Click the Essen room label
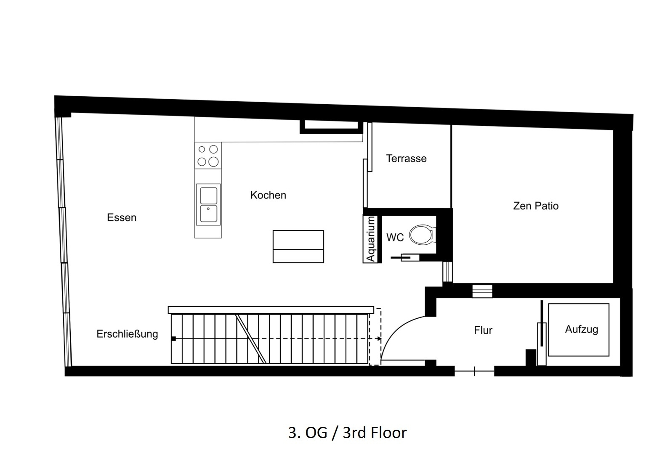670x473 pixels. point(122,217)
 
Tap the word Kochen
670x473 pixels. point(269,195)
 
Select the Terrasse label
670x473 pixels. point(406,159)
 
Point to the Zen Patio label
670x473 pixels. point(536,206)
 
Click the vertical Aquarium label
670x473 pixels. point(371,239)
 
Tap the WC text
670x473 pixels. point(395,238)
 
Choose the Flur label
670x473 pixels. point(483,330)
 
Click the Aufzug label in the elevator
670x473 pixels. point(582,329)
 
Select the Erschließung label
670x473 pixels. point(127,334)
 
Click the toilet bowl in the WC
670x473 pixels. point(422,235)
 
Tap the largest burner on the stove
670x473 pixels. point(213,161)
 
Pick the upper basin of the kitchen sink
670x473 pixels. point(208,196)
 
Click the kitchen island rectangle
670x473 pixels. point(298,246)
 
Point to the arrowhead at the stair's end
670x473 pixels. point(379,338)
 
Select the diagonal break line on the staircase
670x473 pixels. point(251,339)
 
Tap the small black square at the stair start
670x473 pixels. point(173,338)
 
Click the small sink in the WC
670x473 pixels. point(410,257)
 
